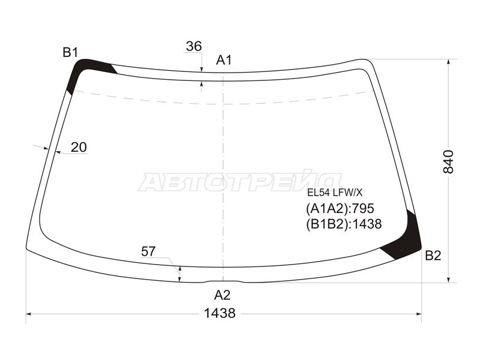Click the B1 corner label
pos(70,53)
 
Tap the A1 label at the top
pos(224,60)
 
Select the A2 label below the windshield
pos(222,295)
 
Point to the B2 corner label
pos(433,256)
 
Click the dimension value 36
pos(194,47)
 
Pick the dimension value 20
pos(79,148)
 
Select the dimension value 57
pos(148,251)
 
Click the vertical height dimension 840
pos(448,162)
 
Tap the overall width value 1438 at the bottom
pos(220,313)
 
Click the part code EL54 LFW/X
pos(335,193)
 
